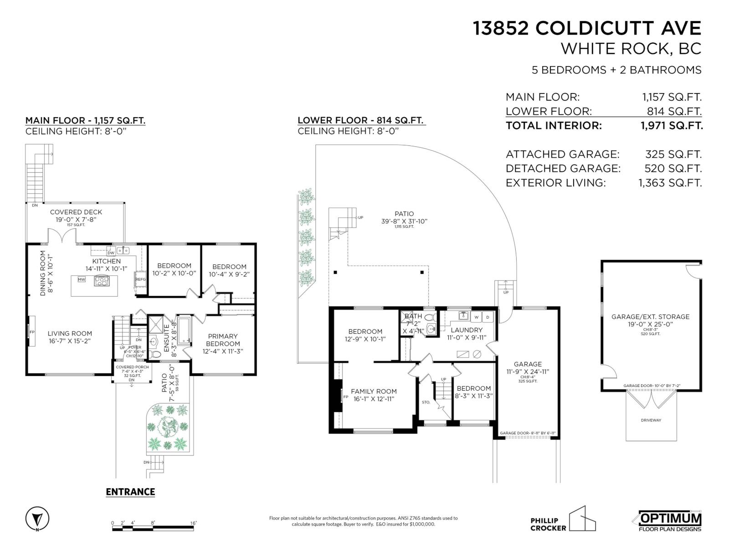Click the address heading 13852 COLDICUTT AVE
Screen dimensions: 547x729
pos(587,28)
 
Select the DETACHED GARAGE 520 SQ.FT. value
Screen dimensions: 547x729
pos(673,169)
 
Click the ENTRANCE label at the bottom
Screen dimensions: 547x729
pos(130,492)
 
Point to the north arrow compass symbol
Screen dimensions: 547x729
pos(37,519)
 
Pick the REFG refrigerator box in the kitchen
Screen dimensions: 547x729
pos(140,279)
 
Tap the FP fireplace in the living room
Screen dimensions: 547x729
pos(32,331)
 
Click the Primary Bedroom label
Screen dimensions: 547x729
pos(223,340)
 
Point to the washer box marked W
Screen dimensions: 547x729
pos(477,316)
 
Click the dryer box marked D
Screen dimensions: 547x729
pos(488,316)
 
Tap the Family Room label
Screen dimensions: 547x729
pos(374,391)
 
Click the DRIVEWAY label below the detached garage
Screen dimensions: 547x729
pos(651,420)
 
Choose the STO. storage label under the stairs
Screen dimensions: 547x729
pos(426,402)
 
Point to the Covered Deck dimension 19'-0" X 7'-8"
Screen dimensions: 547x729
pos(76,219)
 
